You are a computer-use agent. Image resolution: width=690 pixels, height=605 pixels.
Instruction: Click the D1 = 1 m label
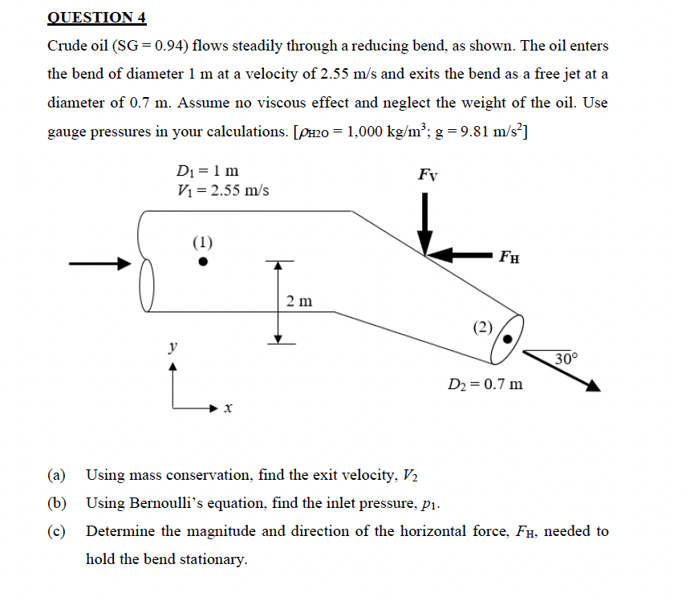[205, 171]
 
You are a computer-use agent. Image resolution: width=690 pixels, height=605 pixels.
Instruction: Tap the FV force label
[428, 175]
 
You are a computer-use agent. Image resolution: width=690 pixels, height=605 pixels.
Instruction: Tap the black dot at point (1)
[204, 261]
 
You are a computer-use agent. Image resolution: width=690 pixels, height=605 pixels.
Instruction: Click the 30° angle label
[566, 358]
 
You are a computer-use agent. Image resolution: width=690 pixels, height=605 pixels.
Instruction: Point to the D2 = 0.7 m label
[485, 384]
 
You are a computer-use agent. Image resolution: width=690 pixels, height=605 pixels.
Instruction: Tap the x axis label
[228, 409]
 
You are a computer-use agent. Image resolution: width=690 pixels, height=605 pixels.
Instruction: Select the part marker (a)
[57, 474]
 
